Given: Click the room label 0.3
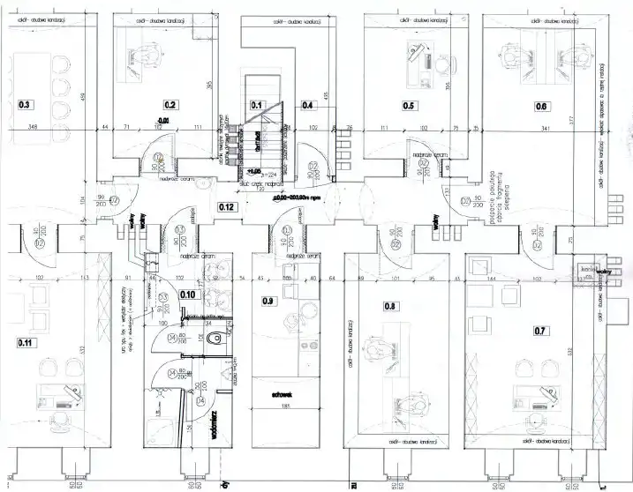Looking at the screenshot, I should pos(25,105).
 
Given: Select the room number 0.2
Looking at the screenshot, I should pos(170,105).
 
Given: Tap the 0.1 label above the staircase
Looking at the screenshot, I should pos(258,105).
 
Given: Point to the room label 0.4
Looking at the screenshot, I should pos(308,105).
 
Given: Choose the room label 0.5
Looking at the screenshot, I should pos(409,105).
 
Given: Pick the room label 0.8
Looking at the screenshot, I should pos(392,307).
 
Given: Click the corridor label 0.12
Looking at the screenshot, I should pos(228,207).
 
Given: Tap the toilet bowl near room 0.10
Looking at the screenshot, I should pos(217,338).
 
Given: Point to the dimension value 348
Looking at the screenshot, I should pos(34,129).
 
